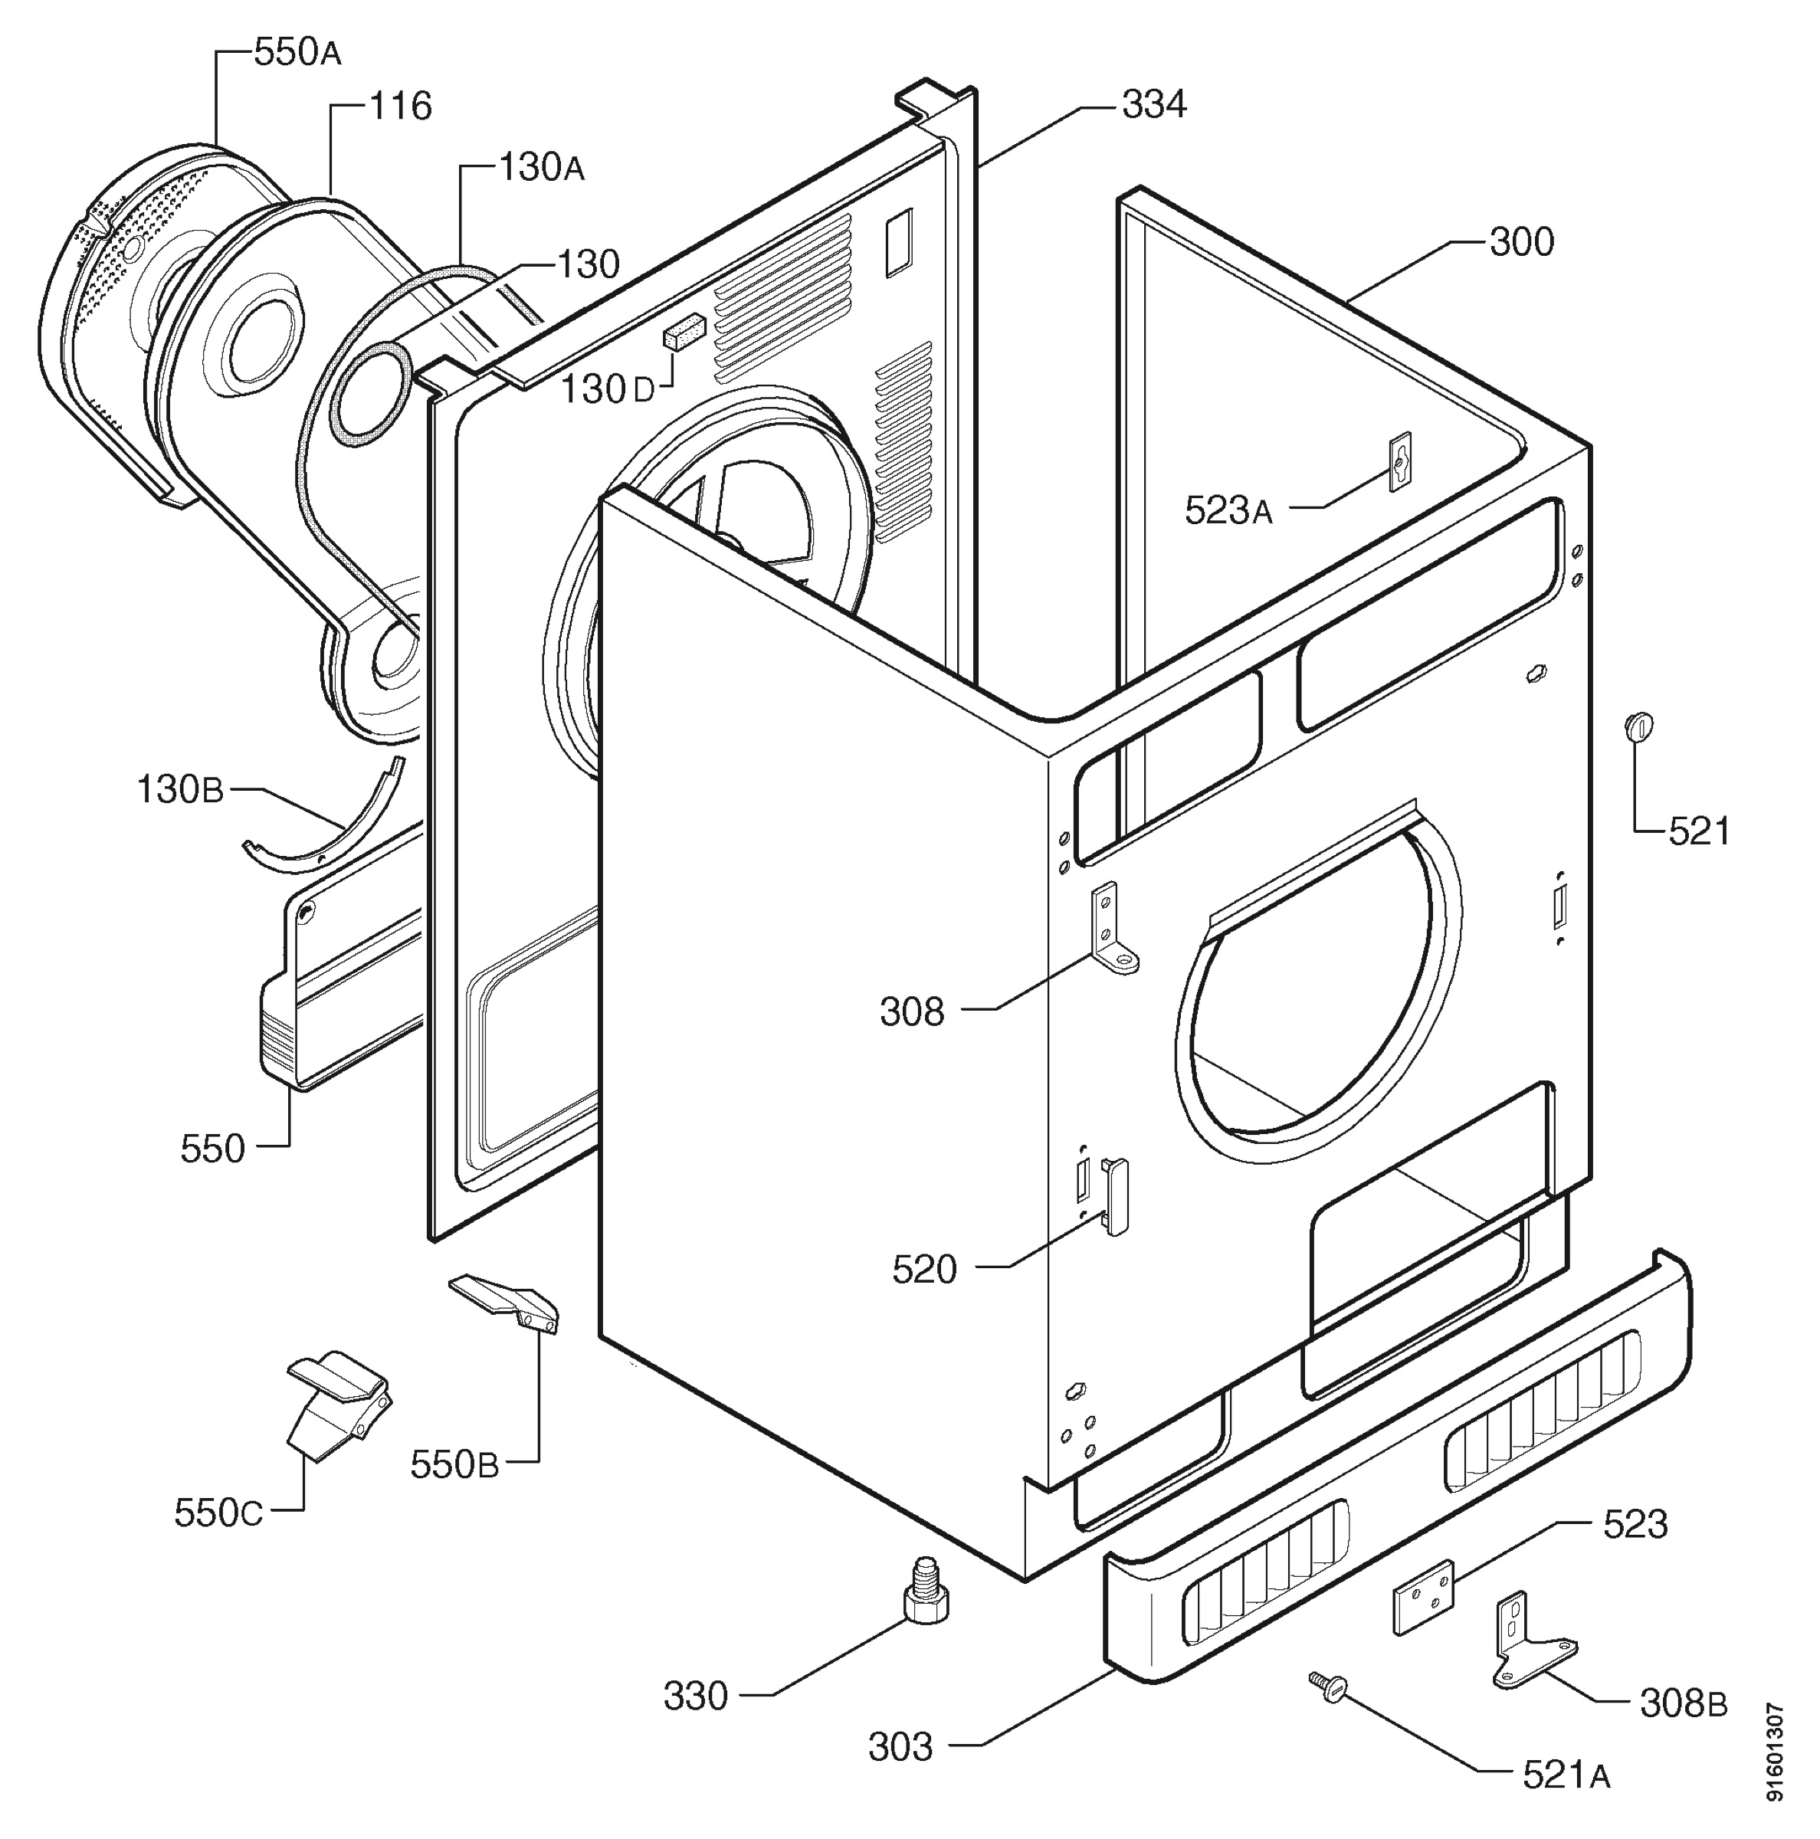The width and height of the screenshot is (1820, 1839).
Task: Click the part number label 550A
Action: point(298,54)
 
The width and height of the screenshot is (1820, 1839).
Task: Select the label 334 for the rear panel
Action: point(1153,105)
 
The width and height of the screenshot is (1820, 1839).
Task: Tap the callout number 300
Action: point(1522,242)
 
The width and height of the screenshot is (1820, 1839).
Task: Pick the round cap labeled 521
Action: point(1638,726)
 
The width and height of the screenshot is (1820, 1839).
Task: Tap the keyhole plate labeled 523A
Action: point(1400,461)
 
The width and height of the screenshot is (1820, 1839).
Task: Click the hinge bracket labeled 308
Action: point(1116,929)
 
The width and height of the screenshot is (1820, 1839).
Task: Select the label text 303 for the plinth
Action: point(900,1748)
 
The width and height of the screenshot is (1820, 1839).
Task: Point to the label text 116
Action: point(400,106)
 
